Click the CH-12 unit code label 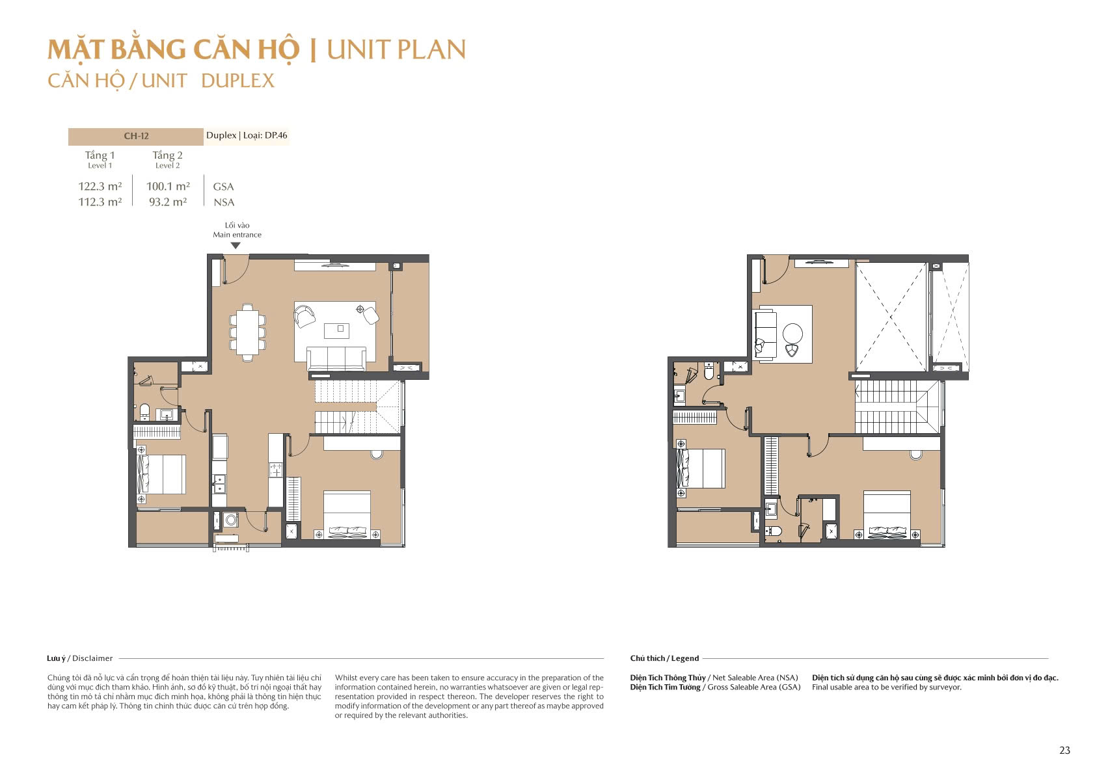136,136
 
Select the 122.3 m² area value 100,186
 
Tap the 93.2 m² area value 168,202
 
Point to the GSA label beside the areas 223,187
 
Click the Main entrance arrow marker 236,246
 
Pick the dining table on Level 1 247,332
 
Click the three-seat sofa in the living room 336,359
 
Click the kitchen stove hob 276,470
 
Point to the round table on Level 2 792,333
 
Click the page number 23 1064,750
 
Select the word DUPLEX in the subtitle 237,81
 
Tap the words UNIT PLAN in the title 396,49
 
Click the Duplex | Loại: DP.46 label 247,135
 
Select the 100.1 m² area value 168,186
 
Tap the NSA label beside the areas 224,202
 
